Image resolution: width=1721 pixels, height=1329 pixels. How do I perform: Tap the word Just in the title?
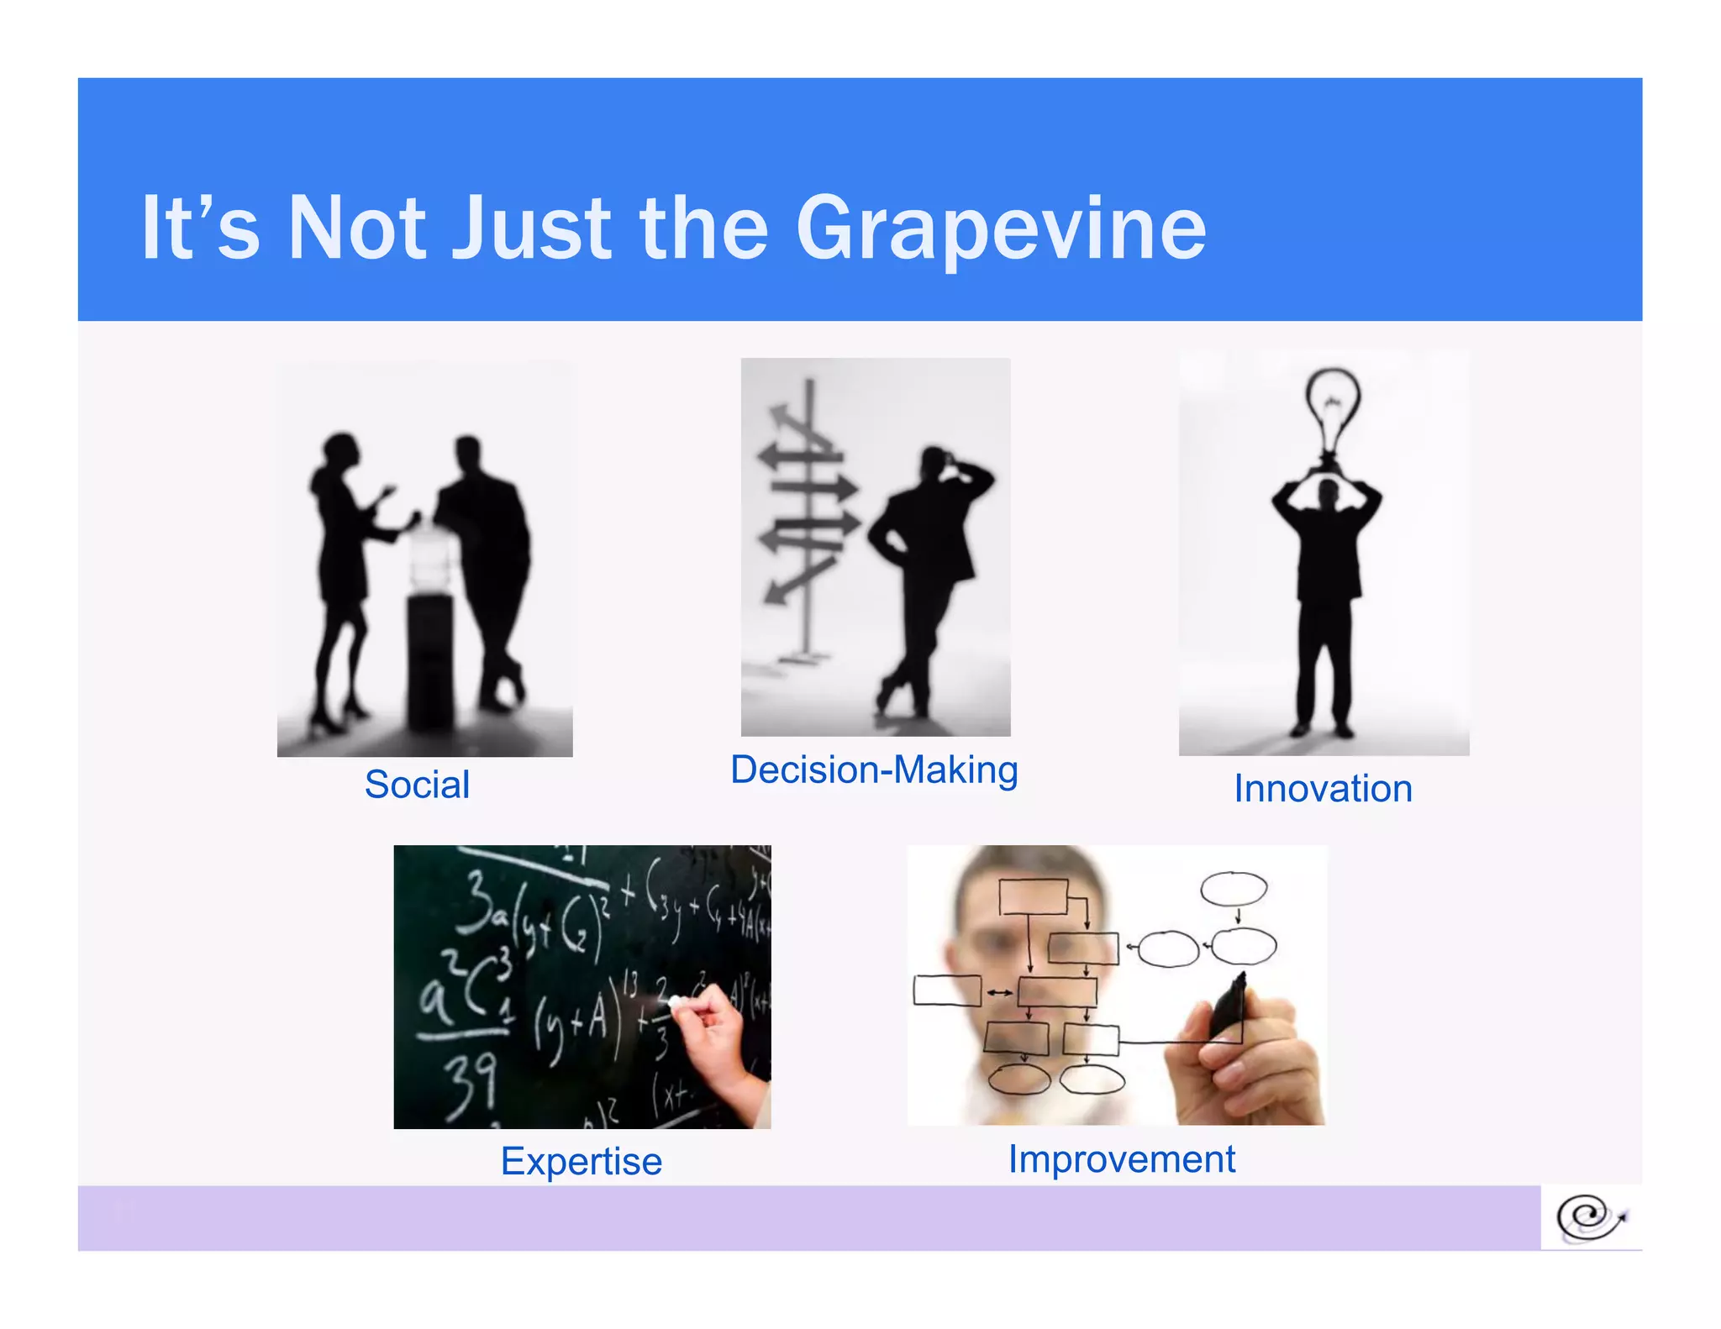531,229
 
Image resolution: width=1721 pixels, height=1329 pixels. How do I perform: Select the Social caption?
417,785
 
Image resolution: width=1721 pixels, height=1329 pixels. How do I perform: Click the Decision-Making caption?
874,770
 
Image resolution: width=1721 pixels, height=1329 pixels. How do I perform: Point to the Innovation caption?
1323,789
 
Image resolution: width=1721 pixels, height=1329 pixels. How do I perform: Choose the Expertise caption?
582,1162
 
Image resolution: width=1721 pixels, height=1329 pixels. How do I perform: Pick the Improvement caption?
1122,1159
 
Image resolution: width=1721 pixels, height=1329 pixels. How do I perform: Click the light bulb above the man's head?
1332,412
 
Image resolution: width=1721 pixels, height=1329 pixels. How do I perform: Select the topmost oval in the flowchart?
1234,888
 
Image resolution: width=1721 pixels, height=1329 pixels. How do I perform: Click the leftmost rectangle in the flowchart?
947,990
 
